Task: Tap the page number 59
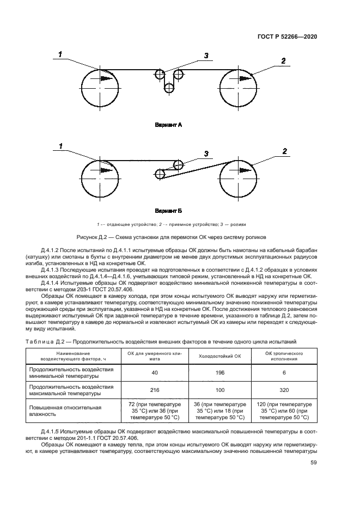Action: point(313,463)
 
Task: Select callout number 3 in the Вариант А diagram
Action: point(206,56)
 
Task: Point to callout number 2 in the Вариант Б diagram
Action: point(284,151)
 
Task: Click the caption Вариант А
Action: point(168,125)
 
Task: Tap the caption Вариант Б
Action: point(168,210)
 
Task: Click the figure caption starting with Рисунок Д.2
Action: point(180,237)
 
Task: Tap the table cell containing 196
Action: point(218,373)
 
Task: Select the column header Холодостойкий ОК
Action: point(218,356)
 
